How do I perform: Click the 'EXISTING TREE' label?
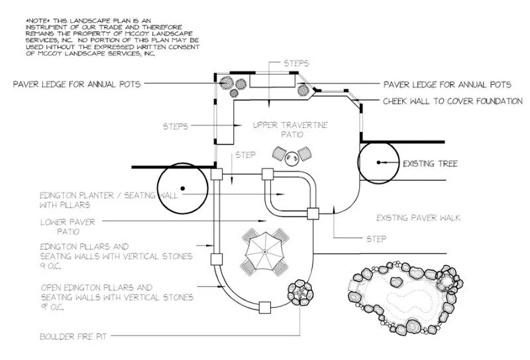430,164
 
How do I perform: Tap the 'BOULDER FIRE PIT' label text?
74,337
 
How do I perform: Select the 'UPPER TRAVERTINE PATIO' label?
290,129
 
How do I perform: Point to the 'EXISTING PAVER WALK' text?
419,217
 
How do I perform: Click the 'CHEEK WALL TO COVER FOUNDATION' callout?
452,101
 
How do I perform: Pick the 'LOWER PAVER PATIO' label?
68,227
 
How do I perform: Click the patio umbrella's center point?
265,251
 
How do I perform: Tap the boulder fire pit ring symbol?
300,293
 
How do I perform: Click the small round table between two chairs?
291,158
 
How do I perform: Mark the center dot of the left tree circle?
183,188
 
